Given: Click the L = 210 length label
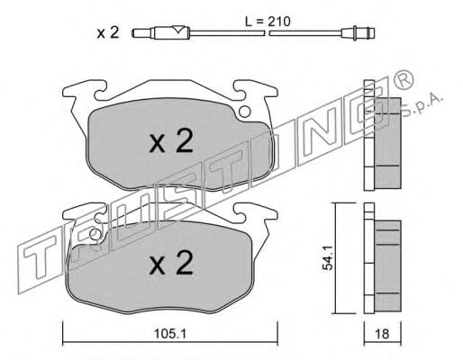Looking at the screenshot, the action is [x=268, y=22].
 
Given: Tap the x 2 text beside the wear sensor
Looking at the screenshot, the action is [x=108, y=32].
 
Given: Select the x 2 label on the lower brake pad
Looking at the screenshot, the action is [x=171, y=263].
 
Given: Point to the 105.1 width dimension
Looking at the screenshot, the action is [x=170, y=334].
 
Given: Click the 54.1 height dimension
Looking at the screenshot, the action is [x=327, y=257].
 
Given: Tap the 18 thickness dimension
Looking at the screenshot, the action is [x=382, y=334].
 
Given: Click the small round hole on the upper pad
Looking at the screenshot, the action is [x=245, y=112].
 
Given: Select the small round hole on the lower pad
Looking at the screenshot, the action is [x=95, y=234].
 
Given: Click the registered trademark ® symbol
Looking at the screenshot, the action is [x=404, y=79].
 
